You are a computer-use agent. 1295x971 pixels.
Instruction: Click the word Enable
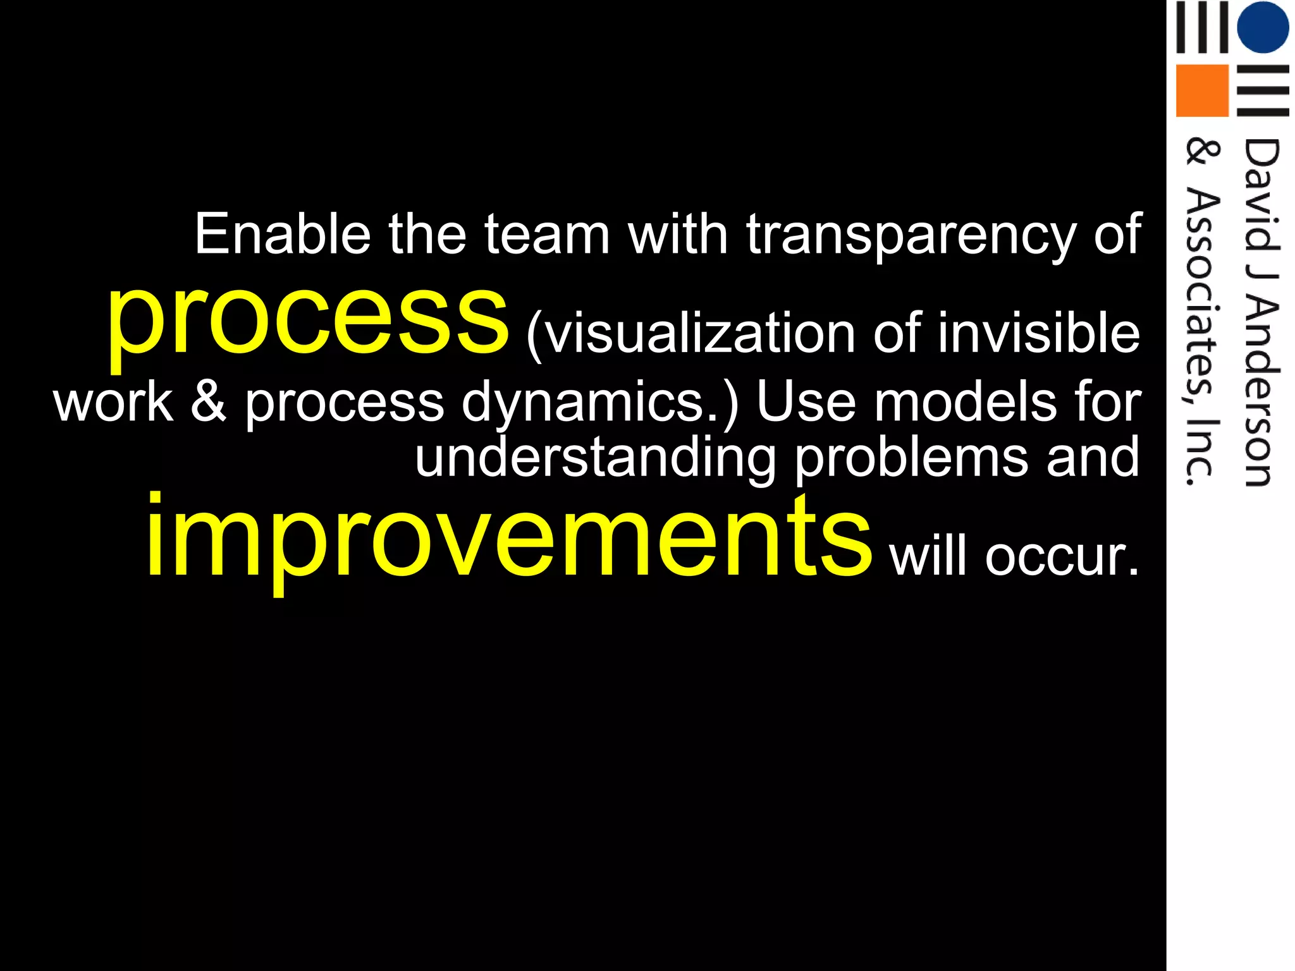click(282, 235)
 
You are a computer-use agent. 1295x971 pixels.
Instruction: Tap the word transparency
click(911, 236)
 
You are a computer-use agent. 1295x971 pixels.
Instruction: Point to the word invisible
click(1039, 333)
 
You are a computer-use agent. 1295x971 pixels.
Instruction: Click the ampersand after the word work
click(209, 402)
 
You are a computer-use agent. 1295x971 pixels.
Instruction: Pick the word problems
click(911, 458)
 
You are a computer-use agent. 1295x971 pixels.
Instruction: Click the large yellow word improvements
click(508, 538)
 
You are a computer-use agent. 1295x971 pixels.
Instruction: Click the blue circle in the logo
click(1262, 27)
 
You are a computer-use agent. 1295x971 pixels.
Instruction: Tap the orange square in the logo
click(1201, 90)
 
